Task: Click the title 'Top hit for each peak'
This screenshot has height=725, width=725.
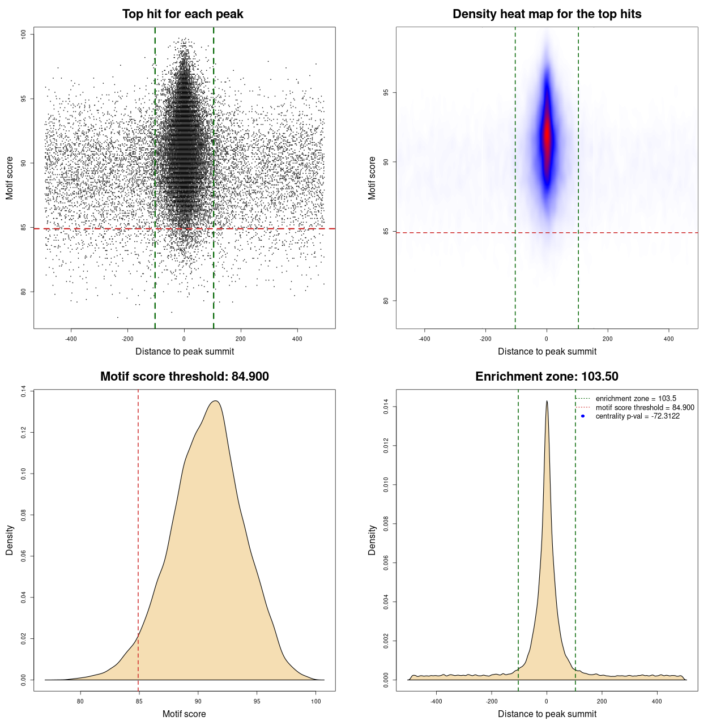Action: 182,14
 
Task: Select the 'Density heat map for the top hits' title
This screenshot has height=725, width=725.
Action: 547,14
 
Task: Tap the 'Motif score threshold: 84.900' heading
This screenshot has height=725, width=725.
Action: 184,377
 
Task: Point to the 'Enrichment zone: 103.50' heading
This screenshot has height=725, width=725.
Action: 547,377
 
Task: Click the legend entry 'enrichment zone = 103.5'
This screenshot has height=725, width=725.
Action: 636,399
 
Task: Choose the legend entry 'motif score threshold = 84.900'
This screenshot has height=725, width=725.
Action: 645,408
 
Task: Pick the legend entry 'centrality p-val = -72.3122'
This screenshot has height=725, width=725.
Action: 637,416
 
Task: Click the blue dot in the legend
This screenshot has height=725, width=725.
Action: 583,416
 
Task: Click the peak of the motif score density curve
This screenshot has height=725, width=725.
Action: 215,401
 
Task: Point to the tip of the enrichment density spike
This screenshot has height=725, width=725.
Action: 547,401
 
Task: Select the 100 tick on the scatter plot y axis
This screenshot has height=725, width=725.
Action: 24,35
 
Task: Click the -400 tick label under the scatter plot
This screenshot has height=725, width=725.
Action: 71,339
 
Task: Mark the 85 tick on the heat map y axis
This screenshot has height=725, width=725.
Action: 386,232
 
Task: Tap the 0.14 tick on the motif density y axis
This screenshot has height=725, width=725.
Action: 24,391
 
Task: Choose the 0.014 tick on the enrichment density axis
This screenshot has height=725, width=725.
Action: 386,407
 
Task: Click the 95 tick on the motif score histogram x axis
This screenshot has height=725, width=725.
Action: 257,701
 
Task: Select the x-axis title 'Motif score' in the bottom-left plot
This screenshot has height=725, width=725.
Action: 184,714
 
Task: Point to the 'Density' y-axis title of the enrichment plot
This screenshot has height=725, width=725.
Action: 372,540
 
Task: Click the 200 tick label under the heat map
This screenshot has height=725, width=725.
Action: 608,339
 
